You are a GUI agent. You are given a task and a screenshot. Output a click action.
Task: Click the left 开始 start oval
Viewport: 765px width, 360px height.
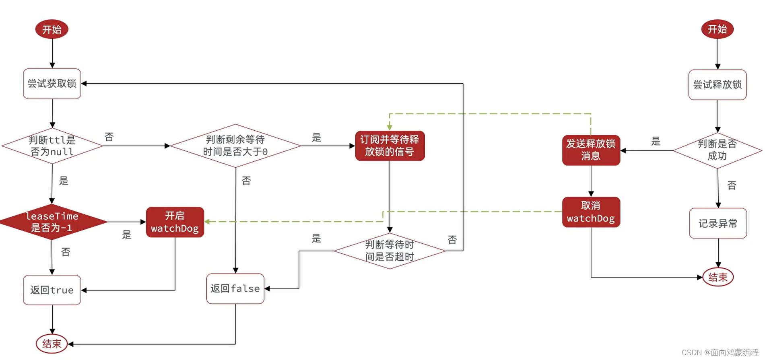click(52, 29)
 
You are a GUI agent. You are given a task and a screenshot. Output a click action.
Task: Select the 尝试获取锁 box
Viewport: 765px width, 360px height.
click(52, 84)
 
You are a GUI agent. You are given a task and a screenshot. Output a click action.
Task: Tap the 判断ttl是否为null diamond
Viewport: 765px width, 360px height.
click(52, 146)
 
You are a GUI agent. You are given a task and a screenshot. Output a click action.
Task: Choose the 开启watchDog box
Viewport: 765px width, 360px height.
click(175, 222)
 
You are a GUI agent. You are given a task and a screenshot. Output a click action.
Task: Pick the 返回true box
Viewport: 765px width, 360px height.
click(52, 290)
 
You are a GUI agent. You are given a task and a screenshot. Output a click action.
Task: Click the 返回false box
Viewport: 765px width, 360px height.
click(235, 288)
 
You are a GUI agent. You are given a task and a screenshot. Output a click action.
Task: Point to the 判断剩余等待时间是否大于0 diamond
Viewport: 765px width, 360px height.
click(235, 146)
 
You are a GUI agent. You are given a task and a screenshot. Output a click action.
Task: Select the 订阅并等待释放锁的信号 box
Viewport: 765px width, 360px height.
click(390, 146)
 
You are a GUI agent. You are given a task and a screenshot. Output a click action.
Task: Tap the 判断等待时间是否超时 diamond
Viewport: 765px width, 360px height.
click(390, 251)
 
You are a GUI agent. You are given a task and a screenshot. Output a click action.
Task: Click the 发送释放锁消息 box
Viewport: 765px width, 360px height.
click(591, 150)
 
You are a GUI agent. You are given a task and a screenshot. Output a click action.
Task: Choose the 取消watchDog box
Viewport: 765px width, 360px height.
click(591, 212)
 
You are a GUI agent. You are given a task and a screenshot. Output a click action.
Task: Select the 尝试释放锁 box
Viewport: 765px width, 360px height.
click(717, 84)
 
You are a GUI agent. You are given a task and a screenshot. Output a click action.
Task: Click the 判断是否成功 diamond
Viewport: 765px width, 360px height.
click(717, 150)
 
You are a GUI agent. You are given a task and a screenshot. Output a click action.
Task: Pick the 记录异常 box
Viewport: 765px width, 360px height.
click(718, 223)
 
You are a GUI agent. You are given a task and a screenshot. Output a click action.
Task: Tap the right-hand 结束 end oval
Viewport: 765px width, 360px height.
click(718, 277)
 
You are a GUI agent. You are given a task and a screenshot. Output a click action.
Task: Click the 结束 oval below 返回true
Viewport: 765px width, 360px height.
click(52, 344)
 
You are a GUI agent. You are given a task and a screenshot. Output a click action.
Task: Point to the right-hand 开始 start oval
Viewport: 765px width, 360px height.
click(717, 29)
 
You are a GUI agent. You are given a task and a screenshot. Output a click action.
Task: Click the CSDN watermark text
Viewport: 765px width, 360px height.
click(720, 352)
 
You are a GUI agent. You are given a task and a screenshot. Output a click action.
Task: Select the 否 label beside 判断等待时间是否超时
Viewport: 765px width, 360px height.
click(452, 240)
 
